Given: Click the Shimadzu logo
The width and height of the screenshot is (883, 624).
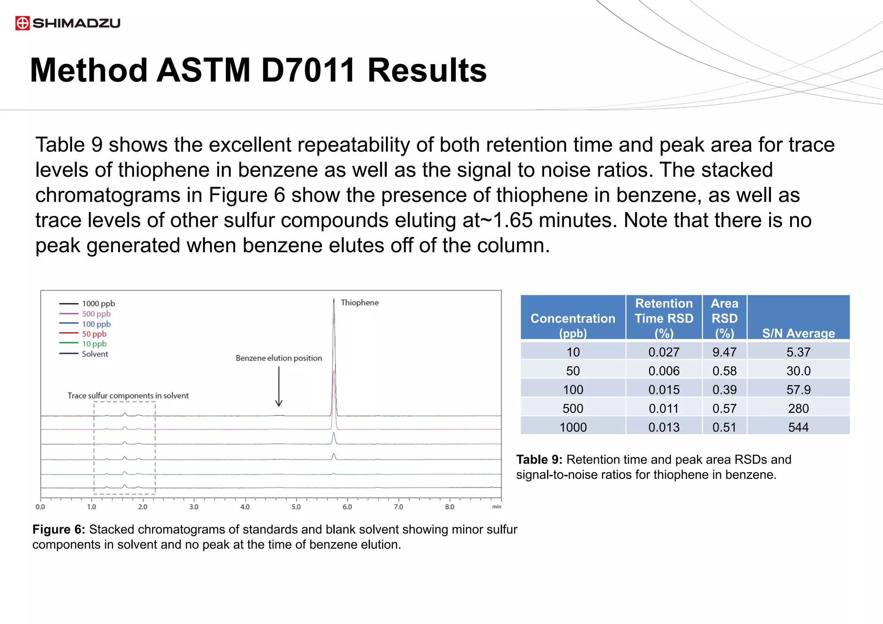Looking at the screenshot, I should [68, 23].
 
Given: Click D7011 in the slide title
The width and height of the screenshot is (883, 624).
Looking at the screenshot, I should [308, 71].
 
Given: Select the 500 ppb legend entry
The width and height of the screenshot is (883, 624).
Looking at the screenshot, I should [96, 314].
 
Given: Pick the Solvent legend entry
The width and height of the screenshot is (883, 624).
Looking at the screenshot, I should [95, 354].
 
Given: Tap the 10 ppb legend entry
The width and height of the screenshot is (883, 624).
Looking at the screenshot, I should [94, 344].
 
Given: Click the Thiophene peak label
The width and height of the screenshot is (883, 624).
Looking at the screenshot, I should [359, 303].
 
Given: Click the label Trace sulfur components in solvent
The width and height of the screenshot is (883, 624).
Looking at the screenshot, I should [128, 396].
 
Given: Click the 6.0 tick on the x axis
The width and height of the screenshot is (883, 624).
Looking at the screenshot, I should [347, 507].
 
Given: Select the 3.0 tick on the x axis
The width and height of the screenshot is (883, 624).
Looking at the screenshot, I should [194, 507].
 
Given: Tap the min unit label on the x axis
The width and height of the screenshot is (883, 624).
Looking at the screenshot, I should [496, 507].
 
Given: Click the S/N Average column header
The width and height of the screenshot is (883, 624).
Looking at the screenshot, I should [798, 333].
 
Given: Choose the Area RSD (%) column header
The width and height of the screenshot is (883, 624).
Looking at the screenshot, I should [724, 318].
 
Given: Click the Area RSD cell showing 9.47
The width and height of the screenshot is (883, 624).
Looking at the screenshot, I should [724, 352].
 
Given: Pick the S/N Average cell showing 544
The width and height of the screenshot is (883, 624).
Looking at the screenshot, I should [798, 427].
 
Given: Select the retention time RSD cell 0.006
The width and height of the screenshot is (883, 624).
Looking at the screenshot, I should [664, 371].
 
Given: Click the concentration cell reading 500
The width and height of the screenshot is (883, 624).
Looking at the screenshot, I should [573, 408].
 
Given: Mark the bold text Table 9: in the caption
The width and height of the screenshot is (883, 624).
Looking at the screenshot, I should [539, 459].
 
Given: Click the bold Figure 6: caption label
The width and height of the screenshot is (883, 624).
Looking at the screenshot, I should [59, 529].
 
